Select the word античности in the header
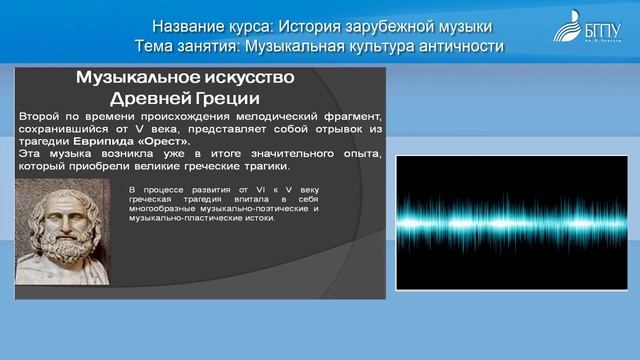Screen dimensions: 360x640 461,46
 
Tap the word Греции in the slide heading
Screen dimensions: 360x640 232,99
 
